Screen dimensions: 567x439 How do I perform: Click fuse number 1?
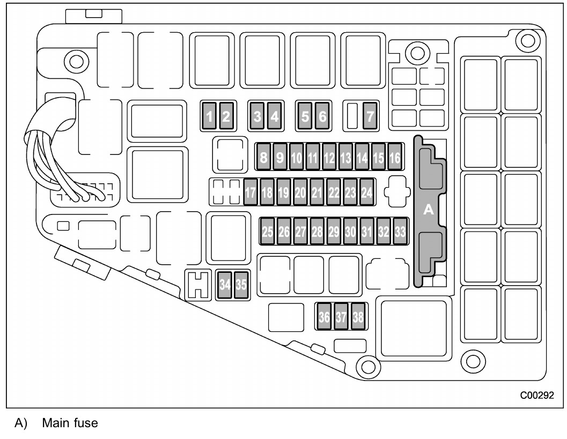point(209,116)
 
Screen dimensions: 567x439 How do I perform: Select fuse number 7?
point(370,116)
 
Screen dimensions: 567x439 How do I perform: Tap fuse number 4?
point(275,116)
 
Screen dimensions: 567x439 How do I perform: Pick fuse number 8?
point(263,157)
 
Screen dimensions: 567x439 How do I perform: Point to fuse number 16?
point(395,157)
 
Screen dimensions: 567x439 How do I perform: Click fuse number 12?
point(329,157)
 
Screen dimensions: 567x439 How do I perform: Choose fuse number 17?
point(250,192)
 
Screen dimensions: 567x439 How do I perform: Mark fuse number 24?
point(367,192)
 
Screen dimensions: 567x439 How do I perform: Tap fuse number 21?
point(317,192)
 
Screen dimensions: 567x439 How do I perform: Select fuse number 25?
point(268,231)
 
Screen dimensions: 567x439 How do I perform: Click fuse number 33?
point(400,231)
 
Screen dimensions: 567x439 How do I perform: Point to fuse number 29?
point(334,231)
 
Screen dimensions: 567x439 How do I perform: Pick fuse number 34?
point(225,285)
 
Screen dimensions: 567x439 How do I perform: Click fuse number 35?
point(241,285)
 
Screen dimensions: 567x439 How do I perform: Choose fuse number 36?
point(324,316)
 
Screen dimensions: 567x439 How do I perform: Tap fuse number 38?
point(358,316)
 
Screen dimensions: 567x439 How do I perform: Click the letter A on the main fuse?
point(429,209)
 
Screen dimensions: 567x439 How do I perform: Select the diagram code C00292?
point(537,395)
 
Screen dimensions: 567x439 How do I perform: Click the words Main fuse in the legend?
point(70,423)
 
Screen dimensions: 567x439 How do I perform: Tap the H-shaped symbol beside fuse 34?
point(198,285)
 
